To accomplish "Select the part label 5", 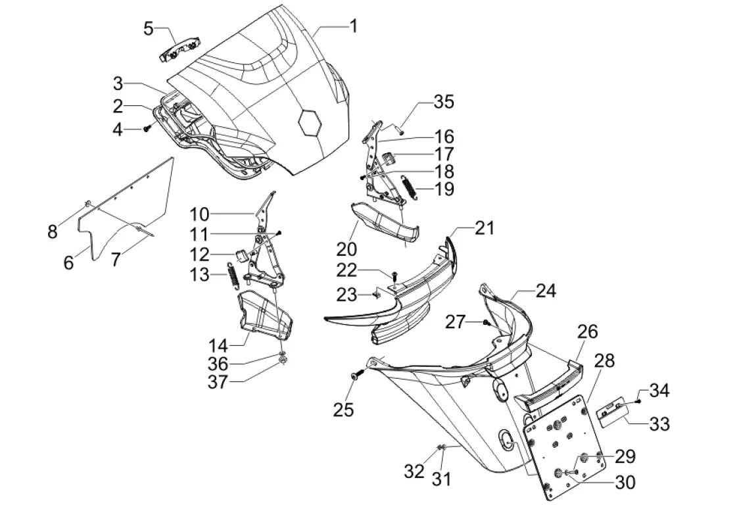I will (149, 28).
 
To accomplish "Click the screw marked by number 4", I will (147, 129).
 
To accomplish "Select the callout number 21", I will (484, 229).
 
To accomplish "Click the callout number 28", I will (604, 361).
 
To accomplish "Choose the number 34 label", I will (659, 391).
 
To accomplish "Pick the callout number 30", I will (625, 482).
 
